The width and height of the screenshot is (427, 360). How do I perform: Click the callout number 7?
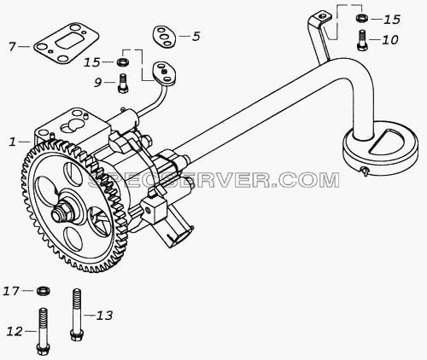tap(12, 46)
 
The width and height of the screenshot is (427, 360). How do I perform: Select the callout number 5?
tap(196, 37)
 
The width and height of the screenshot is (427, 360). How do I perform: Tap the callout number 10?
tap(390, 40)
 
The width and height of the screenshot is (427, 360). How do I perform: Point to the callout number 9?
tap(97, 83)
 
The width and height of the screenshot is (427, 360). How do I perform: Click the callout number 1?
tap(12, 142)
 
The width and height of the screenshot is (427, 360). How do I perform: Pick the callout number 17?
tap(11, 291)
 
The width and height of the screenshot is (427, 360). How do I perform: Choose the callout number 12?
tap(15, 331)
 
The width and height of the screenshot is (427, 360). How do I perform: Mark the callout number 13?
tap(104, 316)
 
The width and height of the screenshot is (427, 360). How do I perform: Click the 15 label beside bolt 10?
tap(392, 20)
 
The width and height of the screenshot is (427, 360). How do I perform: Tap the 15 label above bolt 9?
tap(91, 62)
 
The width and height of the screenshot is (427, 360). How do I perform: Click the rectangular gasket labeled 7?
tap(67, 43)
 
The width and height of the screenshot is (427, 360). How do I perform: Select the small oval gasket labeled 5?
tap(164, 37)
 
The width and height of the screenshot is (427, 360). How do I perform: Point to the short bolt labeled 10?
tap(362, 40)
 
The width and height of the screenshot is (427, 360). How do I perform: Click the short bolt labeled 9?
tap(123, 83)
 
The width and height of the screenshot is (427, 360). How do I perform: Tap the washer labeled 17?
tap(44, 291)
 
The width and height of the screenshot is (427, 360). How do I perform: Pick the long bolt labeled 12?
tap(44, 332)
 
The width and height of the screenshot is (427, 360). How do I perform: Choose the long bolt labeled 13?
tap(77, 314)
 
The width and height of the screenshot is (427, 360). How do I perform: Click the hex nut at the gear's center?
tap(59, 212)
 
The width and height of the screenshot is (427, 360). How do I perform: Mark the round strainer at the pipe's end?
tap(380, 149)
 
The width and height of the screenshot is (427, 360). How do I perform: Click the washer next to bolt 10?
tap(361, 18)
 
